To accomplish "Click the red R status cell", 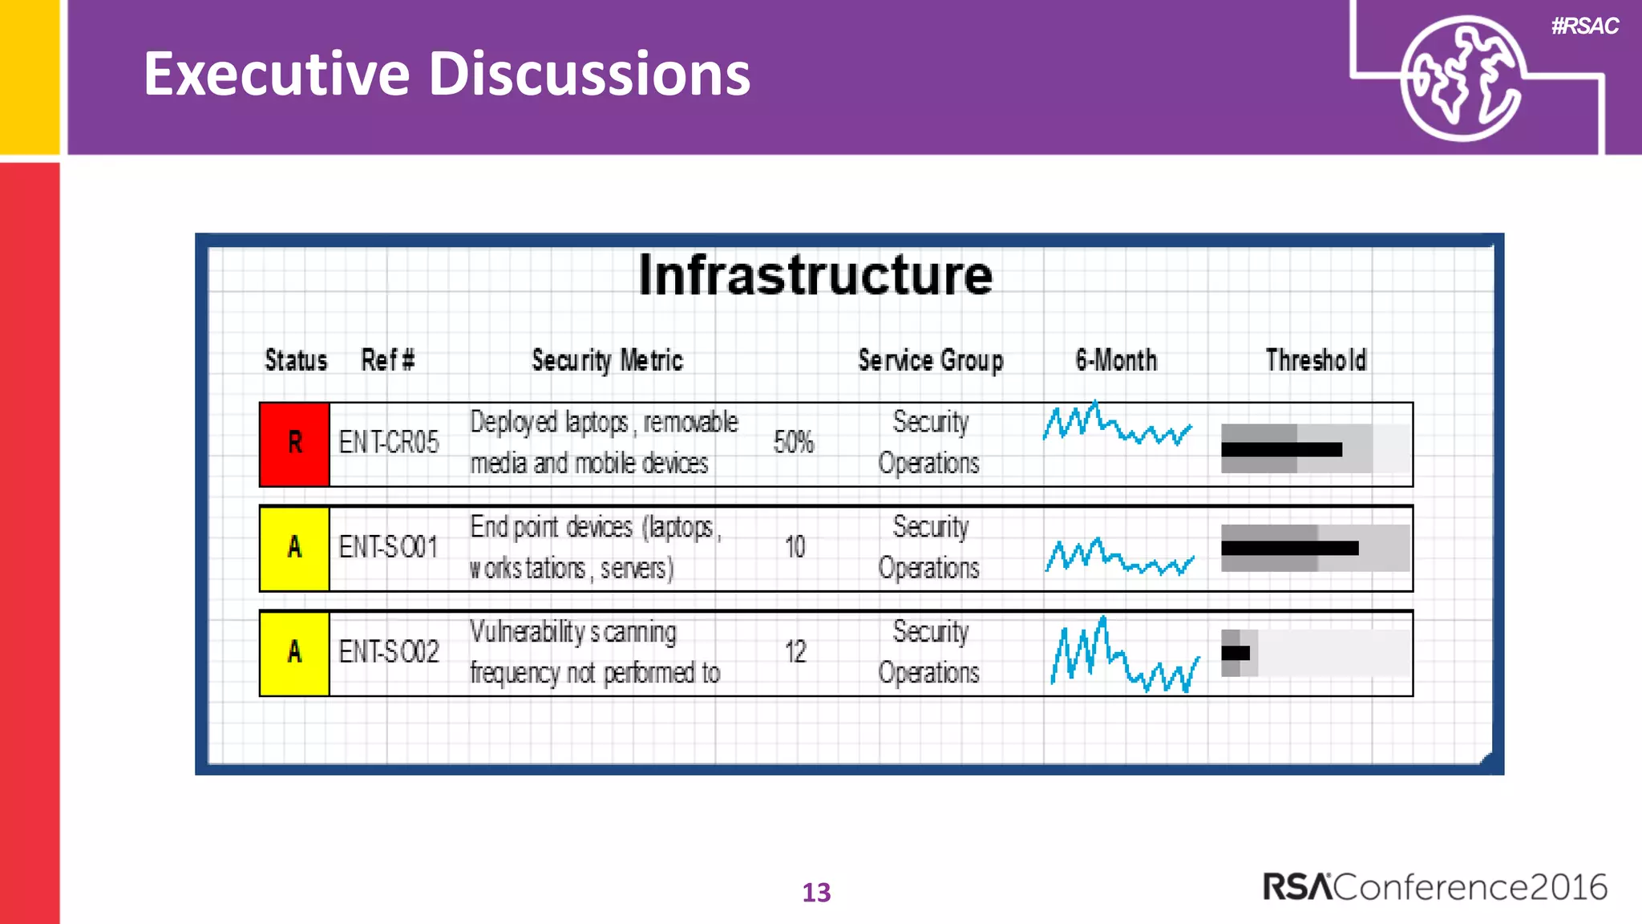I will pyautogui.click(x=294, y=444).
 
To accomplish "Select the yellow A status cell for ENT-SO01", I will pyautogui.click(x=294, y=549).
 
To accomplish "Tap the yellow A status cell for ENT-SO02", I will pyautogui.click(x=294, y=653).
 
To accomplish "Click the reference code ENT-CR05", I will pyautogui.click(x=389, y=443).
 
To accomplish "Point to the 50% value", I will pyautogui.click(x=793, y=443).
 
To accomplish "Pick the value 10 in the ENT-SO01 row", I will pyautogui.click(x=795, y=548).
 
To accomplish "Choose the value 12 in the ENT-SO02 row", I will pyautogui.click(x=795, y=652).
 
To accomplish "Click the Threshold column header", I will pyautogui.click(x=1316, y=361).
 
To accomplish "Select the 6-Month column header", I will pyautogui.click(x=1116, y=361).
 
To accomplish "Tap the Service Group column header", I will pyautogui.click(x=930, y=361).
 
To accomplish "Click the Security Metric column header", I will pyautogui.click(x=607, y=361).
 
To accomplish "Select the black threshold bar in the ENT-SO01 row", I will pyautogui.click(x=1289, y=549).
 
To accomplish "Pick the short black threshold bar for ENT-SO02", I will pyautogui.click(x=1235, y=653).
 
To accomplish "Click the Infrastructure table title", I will pyautogui.click(x=815, y=276).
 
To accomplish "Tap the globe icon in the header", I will pyautogui.click(x=1461, y=78).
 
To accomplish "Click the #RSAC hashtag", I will pyautogui.click(x=1584, y=26).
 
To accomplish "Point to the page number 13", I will pyautogui.click(x=816, y=893).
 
